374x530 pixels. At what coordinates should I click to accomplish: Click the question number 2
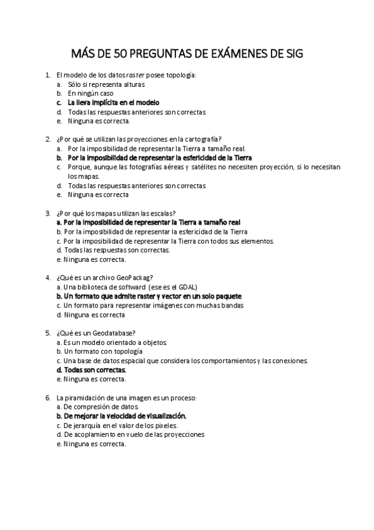(x=48, y=139)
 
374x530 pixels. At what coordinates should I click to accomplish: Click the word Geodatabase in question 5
(x=117, y=332)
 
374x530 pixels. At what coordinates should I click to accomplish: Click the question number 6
(x=48, y=397)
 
